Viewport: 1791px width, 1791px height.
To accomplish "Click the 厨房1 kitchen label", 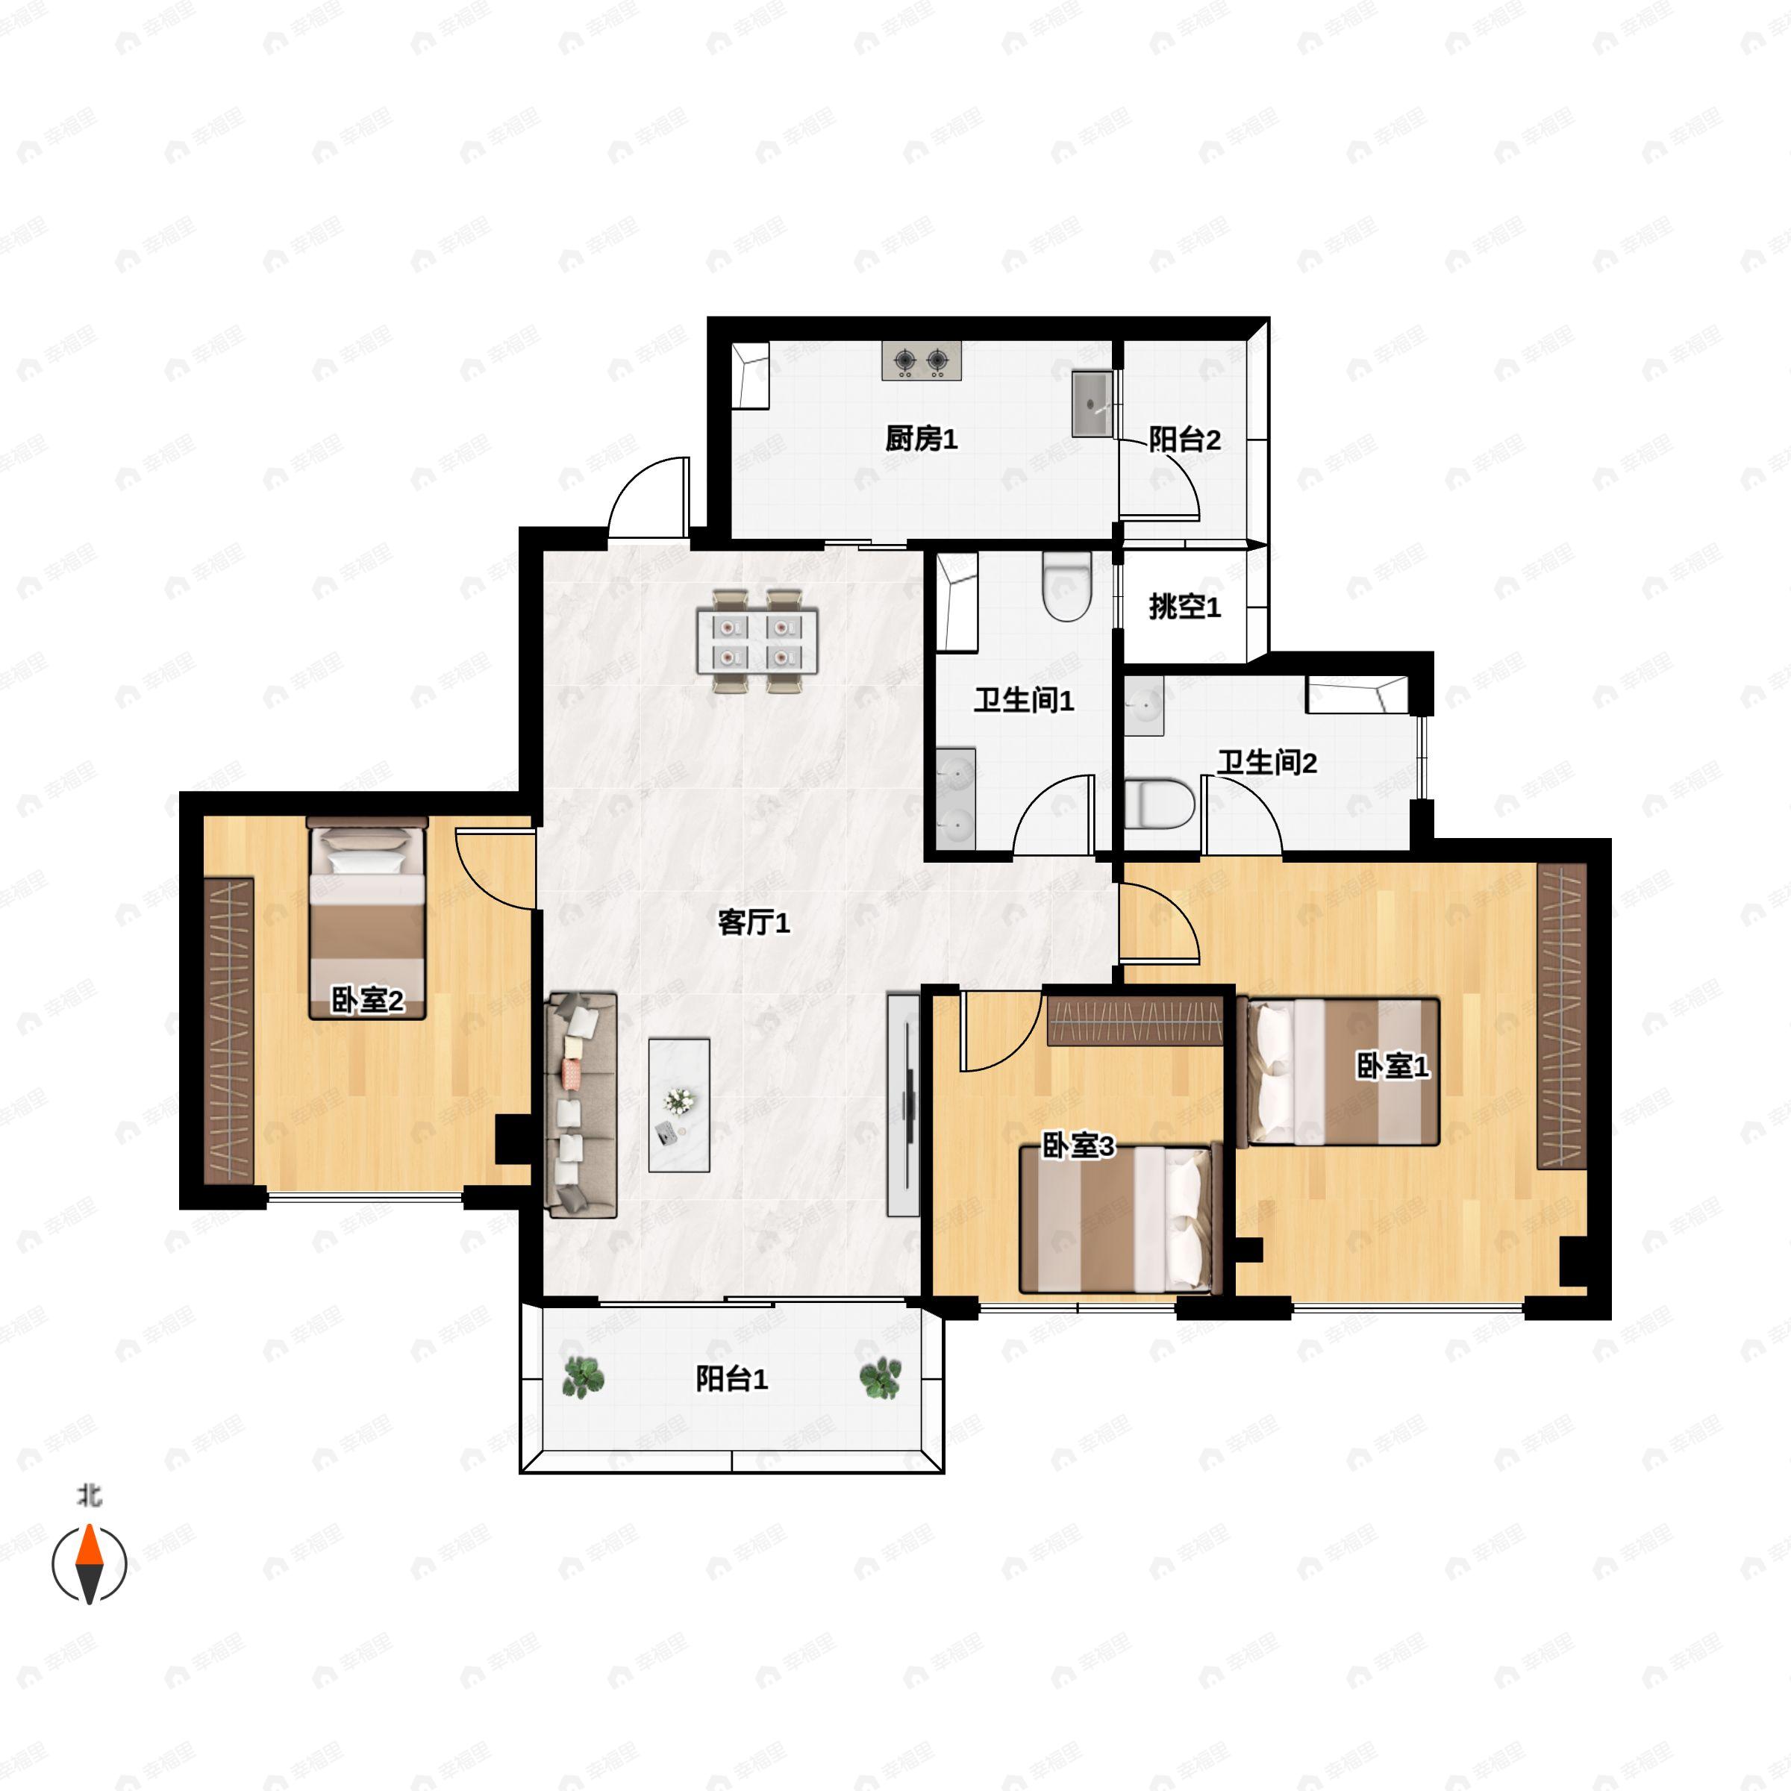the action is coord(921,439).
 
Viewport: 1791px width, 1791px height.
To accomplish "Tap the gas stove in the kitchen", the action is coord(922,360).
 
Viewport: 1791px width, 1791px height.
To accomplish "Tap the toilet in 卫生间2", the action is coord(1159,804).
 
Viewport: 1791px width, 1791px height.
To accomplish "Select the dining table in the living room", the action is coord(757,640).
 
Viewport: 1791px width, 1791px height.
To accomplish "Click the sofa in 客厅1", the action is coord(581,1104).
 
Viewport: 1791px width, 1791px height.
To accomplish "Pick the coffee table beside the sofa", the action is coord(678,1105).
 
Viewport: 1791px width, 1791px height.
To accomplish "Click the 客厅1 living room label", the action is coord(754,922).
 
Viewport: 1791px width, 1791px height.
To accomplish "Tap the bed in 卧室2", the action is coord(367,918).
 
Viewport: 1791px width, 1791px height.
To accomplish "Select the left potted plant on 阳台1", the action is coord(583,1378).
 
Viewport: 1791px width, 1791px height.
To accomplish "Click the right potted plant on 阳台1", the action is coord(880,1378).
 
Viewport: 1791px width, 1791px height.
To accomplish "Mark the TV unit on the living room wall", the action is coord(903,1105).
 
